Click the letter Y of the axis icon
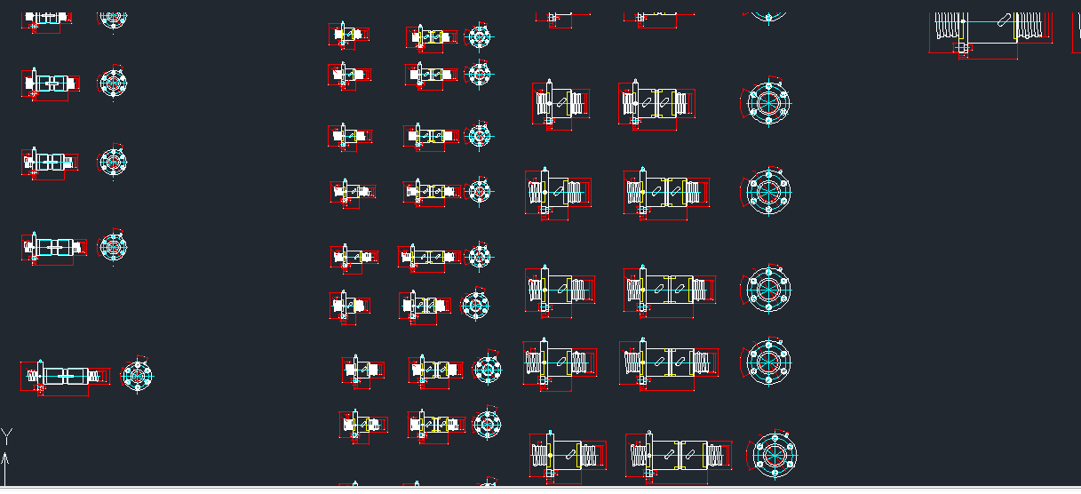click(7, 435)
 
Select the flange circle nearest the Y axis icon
click(138, 374)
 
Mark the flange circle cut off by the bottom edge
click(487, 486)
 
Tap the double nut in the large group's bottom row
click(680, 455)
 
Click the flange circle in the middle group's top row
click(479, 37)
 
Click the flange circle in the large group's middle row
click(767, 289)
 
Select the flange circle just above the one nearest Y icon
click(113, 247)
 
